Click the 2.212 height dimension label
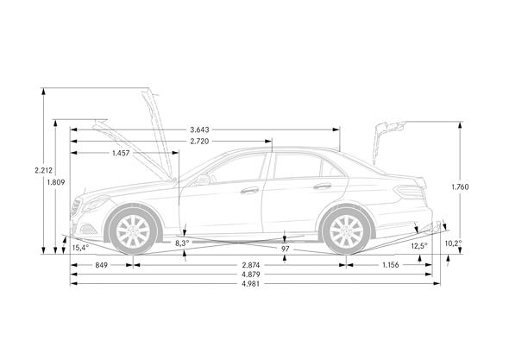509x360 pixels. (43, 170)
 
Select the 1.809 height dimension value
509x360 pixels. (56, 182)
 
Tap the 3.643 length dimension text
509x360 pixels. (199, 130)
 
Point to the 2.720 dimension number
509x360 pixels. (199, 142)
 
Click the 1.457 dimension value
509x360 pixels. (121, 153)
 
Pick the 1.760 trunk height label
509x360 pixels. (460, 186)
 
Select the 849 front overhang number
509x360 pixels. (101, 265)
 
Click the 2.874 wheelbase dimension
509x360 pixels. (251, 265)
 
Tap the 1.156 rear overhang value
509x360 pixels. (391, 265)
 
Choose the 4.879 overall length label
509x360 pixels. (251, 275)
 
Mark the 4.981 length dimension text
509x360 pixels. (251, 284)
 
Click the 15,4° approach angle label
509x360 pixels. (80, 248)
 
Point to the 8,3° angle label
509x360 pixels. (182, 243)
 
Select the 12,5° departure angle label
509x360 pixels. (419, 246)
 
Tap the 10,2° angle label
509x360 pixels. (453, 243)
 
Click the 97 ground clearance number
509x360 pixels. (285, 249)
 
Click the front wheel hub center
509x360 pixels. (133, 231)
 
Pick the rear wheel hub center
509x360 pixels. (346, 231)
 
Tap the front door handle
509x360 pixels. (249, 191)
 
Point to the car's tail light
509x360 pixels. (410, 192)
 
